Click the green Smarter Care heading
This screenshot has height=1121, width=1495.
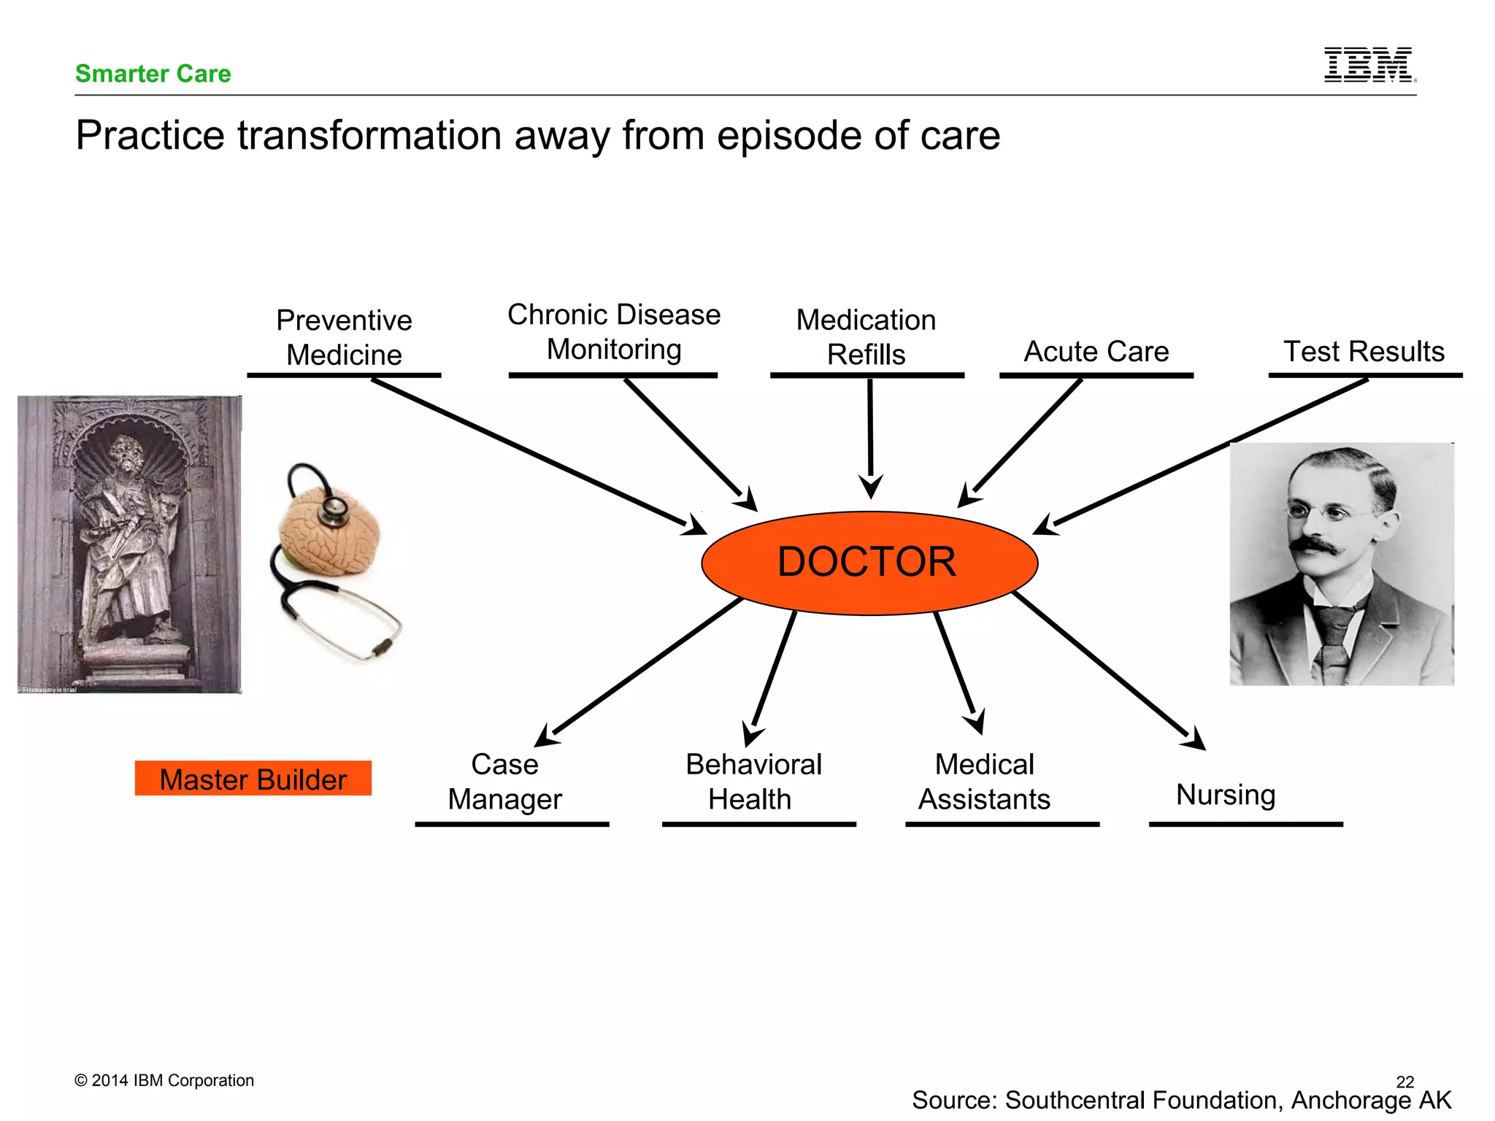(153, 74)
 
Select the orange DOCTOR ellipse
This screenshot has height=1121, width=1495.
(869, 563)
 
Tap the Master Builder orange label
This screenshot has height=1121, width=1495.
(253, 779)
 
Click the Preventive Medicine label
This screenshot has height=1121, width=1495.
(344, 337)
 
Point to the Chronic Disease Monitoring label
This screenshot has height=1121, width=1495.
(614, 332)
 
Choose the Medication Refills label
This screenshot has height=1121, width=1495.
(866, 337)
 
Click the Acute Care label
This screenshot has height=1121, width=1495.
(1096, 352)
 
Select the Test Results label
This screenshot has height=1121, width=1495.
(1364, 352)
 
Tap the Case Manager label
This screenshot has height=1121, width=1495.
(505, 782)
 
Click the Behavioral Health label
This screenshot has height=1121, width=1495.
(753, 782)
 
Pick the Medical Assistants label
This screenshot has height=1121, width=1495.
(984, 782)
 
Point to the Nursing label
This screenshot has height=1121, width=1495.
(1226, 794)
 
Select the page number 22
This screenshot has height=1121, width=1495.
(1404, 1081)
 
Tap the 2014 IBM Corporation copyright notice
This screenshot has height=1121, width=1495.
(164, 1080)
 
